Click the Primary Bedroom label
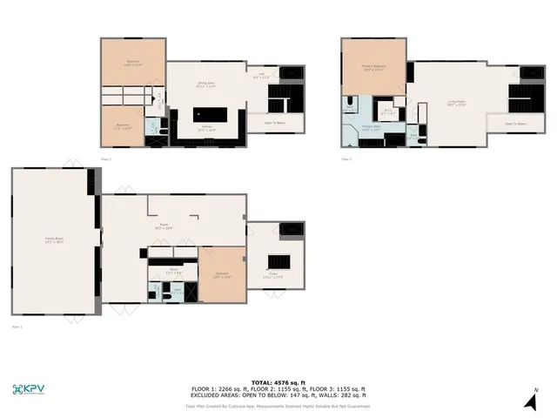tap(374, 66)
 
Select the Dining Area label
tap(206, 84)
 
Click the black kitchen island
tap(209, 114)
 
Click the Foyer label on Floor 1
tap(272, 276)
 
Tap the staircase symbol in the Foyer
tap(278, 261)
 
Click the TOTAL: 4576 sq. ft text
tap(278, 382)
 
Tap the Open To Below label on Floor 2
tap(273, 123)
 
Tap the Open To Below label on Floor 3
tap(515, 124)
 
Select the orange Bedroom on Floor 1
tap(223, 274)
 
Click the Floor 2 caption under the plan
tap(106, 159)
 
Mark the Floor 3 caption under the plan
tap(346, 159)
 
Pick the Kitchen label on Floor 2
tap(207, 128)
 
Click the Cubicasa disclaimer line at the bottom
tap(278, 406)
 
